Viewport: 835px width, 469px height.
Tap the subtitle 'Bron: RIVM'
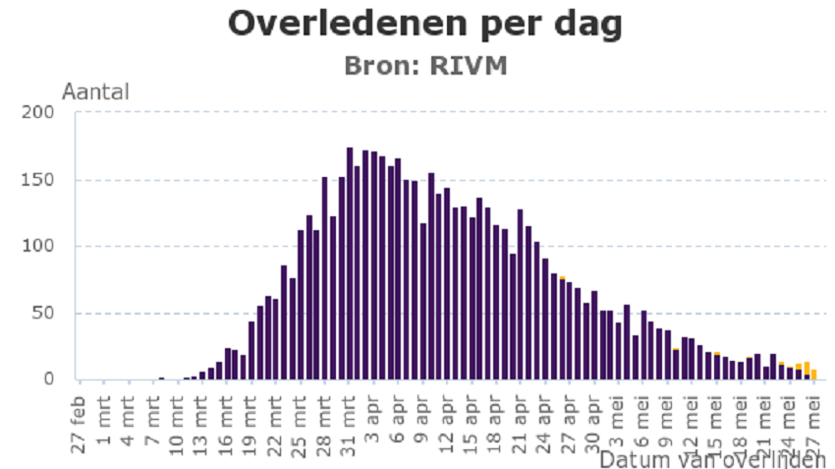(x=424, y=66)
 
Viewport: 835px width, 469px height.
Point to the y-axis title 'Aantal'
(x=95, y=92)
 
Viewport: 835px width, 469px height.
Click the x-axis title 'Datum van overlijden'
(x=712, y=459)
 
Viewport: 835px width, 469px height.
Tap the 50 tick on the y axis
(x=44, y=314)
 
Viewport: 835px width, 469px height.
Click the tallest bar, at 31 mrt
(x=350, y=264)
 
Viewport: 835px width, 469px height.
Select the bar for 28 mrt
(x=325, y=278)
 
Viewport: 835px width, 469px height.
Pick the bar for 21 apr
(x=520, y=295)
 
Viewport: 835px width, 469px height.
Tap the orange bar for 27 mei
(x=813, y=375)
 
